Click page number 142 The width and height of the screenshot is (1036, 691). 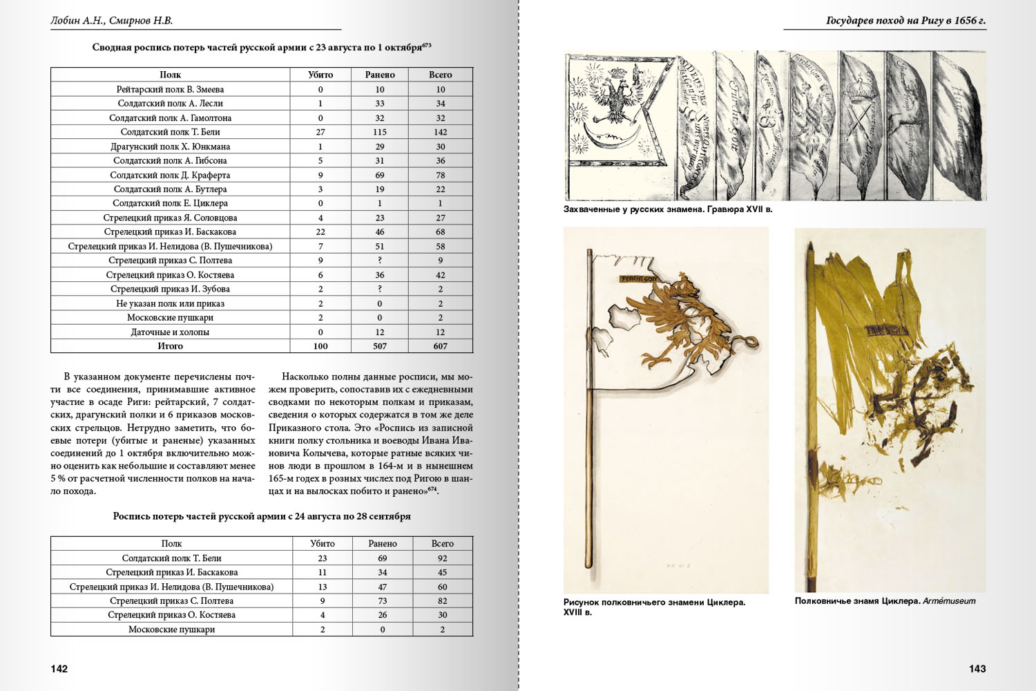coord(59,668)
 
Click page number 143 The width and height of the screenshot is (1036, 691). coord(977,668)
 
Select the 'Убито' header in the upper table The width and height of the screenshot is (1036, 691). coord(320,75)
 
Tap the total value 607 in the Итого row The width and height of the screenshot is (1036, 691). coord(441,346)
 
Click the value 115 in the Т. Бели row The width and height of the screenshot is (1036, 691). coord(380,132)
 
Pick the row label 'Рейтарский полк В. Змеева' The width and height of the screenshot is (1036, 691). coord(170,89)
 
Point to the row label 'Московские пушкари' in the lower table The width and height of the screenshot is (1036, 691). coord(171,630)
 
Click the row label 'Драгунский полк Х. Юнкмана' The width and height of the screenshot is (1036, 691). coord(170,146)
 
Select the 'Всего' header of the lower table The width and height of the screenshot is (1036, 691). coord(442,544)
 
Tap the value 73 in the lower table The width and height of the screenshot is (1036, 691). coord(383,601)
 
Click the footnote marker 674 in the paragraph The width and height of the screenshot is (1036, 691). coord(432,489)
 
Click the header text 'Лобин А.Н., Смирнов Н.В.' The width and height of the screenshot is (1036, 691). coord(111,21)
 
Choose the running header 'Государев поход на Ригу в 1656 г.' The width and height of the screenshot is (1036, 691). coord(905,21)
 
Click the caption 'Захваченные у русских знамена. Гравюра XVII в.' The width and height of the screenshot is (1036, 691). coord(667,209)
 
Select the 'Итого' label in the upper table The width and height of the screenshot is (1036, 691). coord(170,346)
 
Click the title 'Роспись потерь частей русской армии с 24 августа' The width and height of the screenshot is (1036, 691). coord(262,516)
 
